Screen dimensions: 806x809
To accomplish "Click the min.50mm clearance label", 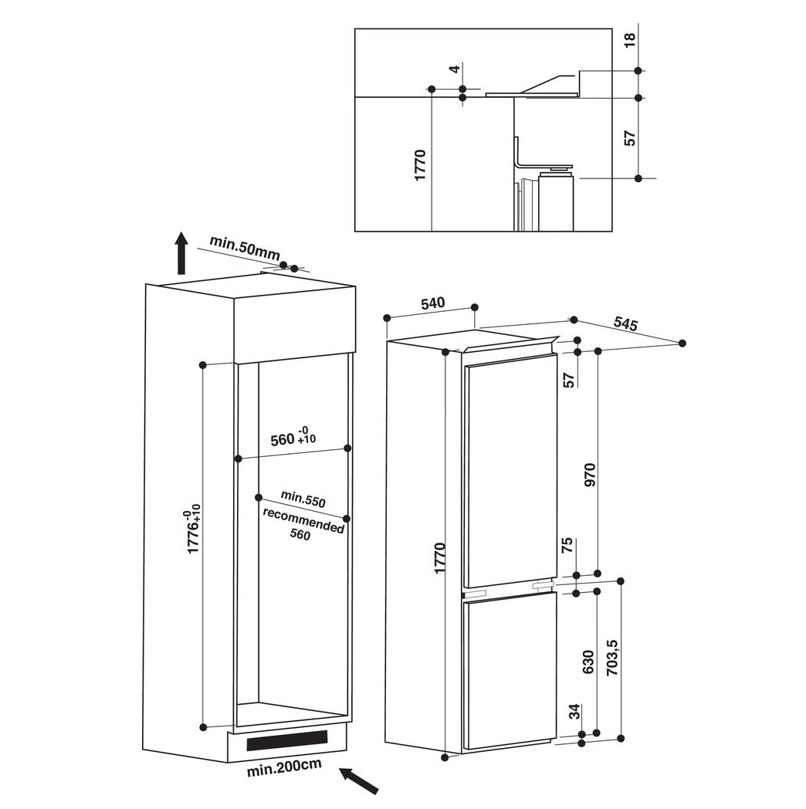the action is (x=245, y=248).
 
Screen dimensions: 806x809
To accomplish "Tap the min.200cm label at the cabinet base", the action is (x=284, y=767).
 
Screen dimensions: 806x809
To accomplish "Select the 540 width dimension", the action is (x=432, y=303).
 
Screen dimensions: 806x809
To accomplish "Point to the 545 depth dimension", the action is (x=626, y=323).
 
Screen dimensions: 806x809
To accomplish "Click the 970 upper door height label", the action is (x=590, y=475).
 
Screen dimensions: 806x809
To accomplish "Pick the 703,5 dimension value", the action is (x=612, y=658).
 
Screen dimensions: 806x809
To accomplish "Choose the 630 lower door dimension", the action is (x=588, y=662).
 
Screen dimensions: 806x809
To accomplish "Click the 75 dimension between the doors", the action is (x=567, y=545).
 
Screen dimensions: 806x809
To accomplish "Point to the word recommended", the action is (x=303, y=521).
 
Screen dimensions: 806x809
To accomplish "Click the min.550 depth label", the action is (x=303, y=499).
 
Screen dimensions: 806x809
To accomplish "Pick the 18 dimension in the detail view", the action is (x=630, y=39).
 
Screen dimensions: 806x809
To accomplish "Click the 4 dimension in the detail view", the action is (x=454, y=69).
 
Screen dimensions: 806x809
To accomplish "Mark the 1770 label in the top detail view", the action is (x=420, y=164).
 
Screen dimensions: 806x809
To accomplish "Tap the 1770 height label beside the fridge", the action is (x=439, y=558).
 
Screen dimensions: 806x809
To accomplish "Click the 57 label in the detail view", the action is (x=630, y=138).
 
